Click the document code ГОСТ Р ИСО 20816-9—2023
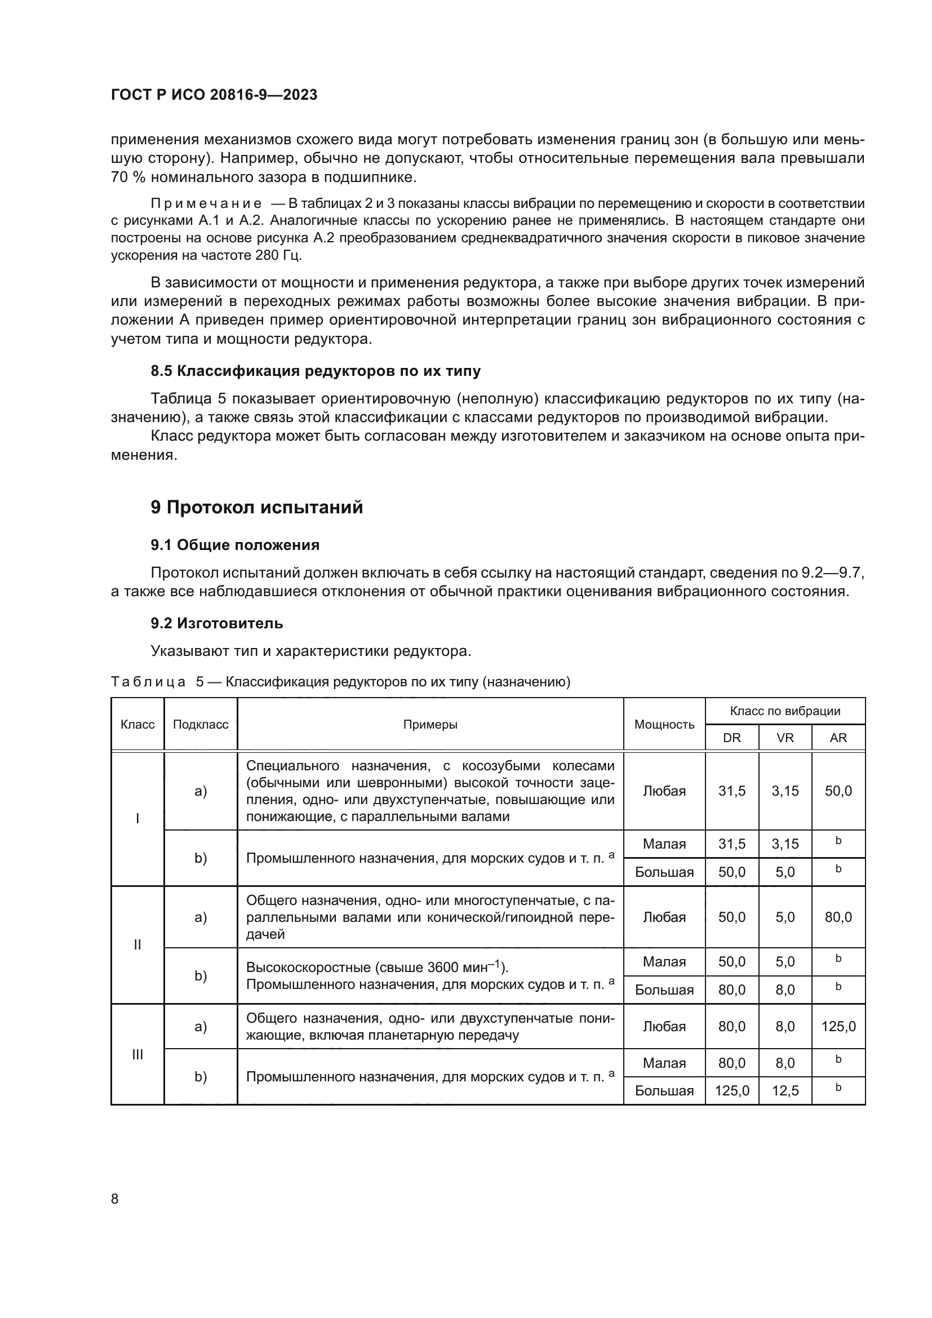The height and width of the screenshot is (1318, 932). pos(214,95)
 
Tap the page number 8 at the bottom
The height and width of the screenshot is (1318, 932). pos(115,1199)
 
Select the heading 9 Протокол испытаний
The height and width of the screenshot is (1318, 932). pos(256,508)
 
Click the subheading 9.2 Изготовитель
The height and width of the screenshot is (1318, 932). pos(216,623)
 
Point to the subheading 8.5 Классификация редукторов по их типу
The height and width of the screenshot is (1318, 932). pos(315,371)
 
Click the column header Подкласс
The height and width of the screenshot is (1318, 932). pos(200,725)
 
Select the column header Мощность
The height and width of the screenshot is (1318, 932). pos(664,725)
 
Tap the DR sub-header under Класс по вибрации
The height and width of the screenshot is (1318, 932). pos(732,738)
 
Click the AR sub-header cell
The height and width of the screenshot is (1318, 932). pos(838,738)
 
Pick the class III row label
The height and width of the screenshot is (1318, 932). pos(137,1054)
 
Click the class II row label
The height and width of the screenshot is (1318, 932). pos(137,944)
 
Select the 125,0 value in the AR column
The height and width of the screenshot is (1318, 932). pos(838,1026)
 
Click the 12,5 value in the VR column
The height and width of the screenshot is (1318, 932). pos(784,1090)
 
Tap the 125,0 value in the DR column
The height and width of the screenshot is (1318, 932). pos(732,1090)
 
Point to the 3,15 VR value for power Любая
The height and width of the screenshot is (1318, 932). pos(784,791)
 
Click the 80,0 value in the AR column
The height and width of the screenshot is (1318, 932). pos(838,917)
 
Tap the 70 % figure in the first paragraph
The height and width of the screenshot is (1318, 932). pos(127,177)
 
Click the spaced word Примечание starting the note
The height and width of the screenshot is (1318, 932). pos(206,204)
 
